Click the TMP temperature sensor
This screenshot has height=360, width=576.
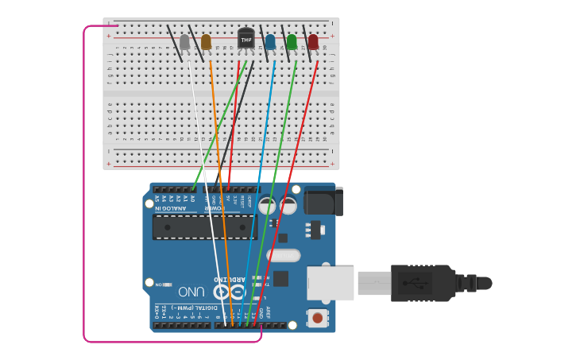tap(246, 38)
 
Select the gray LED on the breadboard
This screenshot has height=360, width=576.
tap(185, 42)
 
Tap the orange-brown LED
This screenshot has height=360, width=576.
tap(207, 42)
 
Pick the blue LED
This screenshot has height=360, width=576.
tap(270, 41)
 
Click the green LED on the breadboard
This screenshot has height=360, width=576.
tap(292, 41)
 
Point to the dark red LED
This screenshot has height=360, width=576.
tap(313, 41)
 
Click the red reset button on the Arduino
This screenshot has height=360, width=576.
tap(318, 318)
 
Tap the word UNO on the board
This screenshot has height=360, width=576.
tap(191, 292)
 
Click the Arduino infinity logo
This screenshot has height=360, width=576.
tap(229, 291)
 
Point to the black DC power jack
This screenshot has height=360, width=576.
tap(323, 201)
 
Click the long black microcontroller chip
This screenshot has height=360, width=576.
tap(204, 226)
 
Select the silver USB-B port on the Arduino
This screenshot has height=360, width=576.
tap(331, 283)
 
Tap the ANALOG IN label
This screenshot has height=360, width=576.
tap(170, 208)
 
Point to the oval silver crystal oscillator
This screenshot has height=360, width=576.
tap(284, 256)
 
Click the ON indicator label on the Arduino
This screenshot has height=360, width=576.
tap(159, 284)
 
